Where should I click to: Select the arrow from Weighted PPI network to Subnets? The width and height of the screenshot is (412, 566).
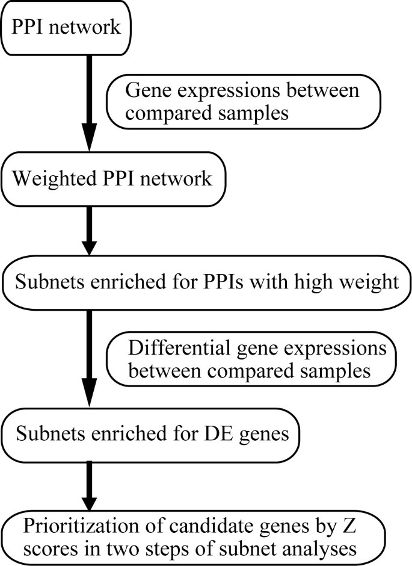(88, 228)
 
